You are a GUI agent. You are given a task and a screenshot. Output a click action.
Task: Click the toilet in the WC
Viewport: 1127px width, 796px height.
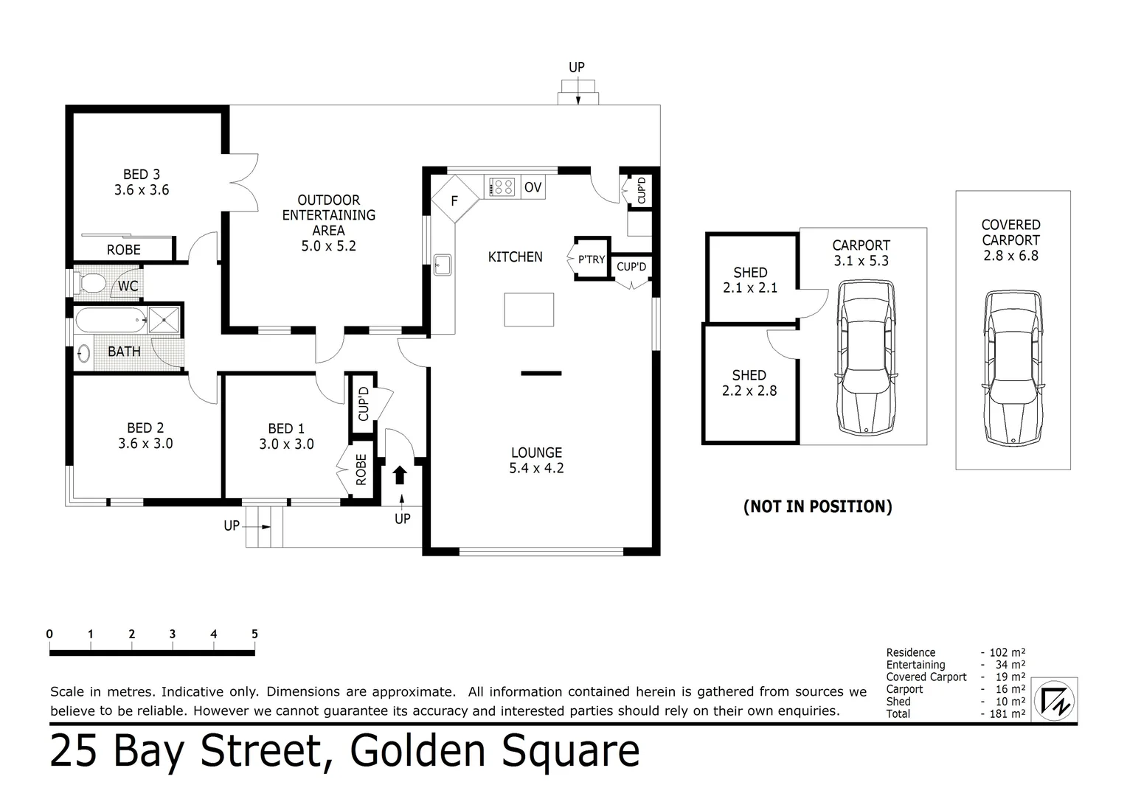[91, 283]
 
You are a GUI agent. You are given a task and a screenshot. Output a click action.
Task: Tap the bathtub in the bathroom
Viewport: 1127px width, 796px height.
[110, 320]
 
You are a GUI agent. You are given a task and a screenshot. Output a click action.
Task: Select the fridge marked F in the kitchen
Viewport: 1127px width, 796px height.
[454, 200]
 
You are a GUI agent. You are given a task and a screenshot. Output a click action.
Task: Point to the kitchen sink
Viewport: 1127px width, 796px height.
[442, 264]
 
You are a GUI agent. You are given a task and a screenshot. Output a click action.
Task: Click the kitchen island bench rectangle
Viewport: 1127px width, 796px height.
[529, 310]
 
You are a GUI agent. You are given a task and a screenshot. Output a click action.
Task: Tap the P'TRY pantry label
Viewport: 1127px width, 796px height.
[591, 259]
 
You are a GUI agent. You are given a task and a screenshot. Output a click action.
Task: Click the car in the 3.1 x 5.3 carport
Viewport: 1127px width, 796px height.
[866, 357]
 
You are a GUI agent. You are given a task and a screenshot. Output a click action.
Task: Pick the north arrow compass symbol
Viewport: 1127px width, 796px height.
[1055, 699]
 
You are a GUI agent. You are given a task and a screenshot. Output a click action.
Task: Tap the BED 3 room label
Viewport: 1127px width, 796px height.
[141, 175]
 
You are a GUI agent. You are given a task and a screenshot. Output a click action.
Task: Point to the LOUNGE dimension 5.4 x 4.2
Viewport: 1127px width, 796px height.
[536, 468]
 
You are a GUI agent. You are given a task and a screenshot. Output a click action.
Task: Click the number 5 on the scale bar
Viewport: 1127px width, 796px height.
[254, 635]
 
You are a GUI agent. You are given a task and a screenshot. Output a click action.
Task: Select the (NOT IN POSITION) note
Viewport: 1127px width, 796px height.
[818, 506]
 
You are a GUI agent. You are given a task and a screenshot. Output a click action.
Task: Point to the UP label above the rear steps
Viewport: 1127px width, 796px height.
[577, 67]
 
